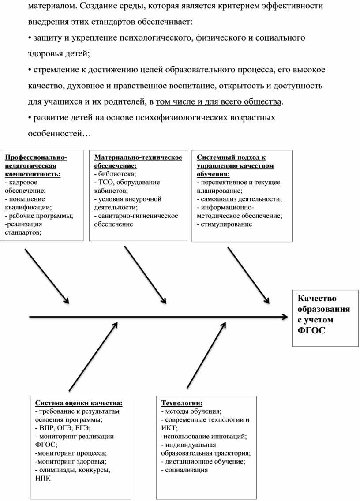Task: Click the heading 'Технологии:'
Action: (x=182, y=403)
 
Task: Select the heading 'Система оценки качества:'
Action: (x=79, y=403)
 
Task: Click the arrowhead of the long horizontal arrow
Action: (x=285, y=316)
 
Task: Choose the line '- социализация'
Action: (x=184, y=470)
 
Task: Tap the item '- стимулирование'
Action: (x=224, y=224)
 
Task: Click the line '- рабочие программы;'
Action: (x=39, y=216)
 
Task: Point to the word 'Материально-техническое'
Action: (x=138, y=157)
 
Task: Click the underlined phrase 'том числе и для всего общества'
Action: (x=218, y=102)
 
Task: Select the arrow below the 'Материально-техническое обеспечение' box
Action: (x=145, y=274)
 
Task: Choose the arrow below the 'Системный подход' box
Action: (x=248, y=274)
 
